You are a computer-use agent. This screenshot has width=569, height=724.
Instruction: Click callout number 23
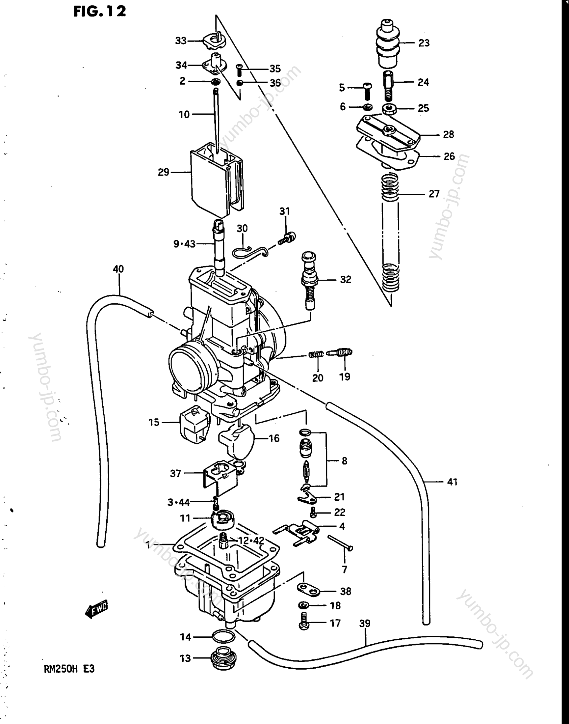pos(424,43)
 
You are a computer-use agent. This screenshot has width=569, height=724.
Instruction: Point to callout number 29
pos(164,172)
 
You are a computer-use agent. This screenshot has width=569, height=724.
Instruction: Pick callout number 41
pos(452,482)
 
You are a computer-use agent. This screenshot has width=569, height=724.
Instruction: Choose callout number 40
pos(118,269)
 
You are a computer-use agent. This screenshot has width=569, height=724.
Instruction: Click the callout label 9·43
pos(184,244)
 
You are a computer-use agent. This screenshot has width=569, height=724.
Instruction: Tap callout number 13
pos(185,658)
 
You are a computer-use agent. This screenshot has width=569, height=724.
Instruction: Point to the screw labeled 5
pos(367,90)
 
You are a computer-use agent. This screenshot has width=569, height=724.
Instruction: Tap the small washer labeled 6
pos(368,107)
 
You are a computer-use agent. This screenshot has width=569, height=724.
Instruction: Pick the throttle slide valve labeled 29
pos(217,181)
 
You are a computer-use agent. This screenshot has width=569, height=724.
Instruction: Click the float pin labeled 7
pos(340,543)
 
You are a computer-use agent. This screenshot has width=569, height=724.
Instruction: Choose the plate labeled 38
pos(308,589)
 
